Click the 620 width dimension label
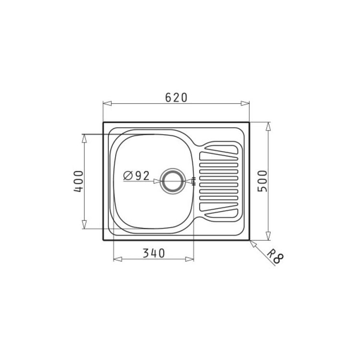[176, 97]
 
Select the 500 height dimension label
[263, 181]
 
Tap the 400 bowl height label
[79, 181]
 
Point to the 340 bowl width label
[154, 253]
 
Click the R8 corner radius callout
[276, 256]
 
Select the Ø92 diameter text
[136, 176]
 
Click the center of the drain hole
[173, 181]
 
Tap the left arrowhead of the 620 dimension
[107, 104]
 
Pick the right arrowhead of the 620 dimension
[245, 104]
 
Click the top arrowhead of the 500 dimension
[268, 127]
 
